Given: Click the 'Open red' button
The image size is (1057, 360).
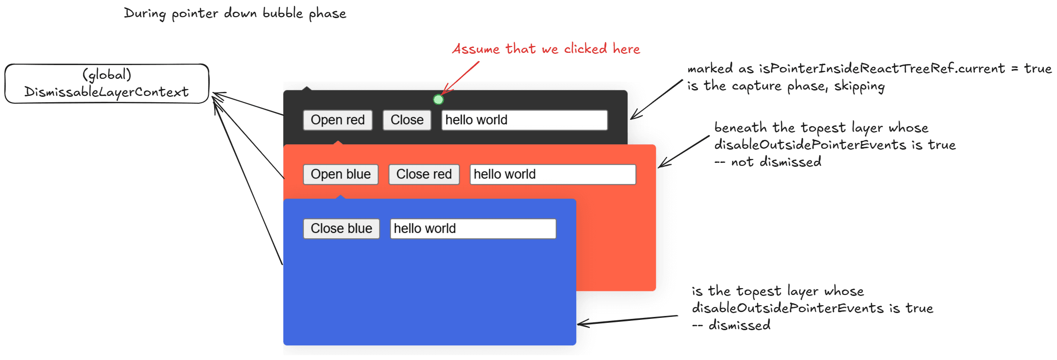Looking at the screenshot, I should pos(337,120).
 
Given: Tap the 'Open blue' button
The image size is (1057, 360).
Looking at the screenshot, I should pos(340,174).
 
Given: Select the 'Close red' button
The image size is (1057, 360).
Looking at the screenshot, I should pos(424,174).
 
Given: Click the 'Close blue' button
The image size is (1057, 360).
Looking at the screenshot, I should pos(341,228).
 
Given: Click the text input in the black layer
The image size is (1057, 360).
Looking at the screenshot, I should pos(524,120).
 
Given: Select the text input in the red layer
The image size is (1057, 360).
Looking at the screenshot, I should pos(552,174).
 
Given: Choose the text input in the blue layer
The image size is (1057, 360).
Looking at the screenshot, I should pos(472,228).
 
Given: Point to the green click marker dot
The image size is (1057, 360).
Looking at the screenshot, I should pos(438,100).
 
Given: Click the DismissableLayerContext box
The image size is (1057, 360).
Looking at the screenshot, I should pos(107,83).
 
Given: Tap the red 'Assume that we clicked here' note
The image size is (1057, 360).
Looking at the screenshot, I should pos(546,49).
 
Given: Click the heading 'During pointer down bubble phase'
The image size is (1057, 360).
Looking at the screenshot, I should pos(235,13).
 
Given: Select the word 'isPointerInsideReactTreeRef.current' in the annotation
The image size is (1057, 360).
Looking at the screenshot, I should pos(881,68).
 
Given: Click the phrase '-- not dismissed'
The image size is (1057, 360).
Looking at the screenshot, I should pos(768,162).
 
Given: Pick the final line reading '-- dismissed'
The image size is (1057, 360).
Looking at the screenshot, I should pos(731,325).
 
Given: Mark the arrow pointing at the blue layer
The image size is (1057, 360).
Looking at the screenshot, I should pos(627,320).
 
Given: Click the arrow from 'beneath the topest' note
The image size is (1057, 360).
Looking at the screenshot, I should pos(684,152).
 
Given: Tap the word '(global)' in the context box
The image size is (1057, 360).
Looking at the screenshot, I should pos(107,74).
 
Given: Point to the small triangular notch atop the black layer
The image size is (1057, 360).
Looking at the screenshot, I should pos(307,89).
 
